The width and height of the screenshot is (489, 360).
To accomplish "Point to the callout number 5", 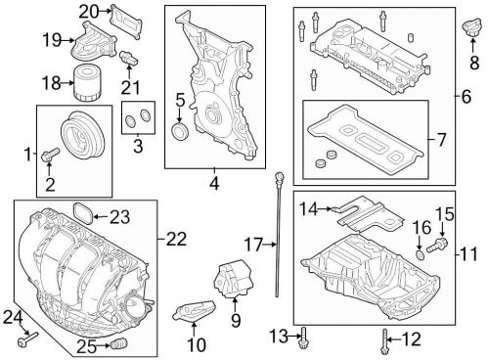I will [x=180, y=99].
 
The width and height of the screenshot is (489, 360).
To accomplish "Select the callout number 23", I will [x=119, y=217].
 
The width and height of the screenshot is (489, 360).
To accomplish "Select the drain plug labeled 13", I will [x=305, y=337].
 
